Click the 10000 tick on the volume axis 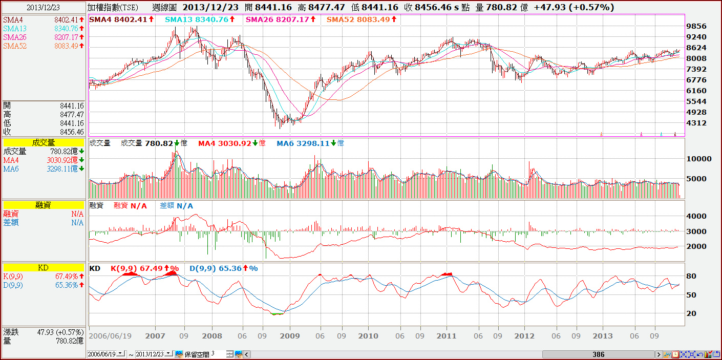(699, 159)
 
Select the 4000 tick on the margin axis (696, 216)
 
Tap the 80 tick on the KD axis (691, 277)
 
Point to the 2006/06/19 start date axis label (110, 336)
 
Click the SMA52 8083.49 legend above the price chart (361, 19)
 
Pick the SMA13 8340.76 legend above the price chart (199, 19)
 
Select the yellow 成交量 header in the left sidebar (43, 143)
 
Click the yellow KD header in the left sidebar (43, 268)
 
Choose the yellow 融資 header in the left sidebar (43, 205)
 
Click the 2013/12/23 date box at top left (43, 8)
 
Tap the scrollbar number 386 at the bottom (598, 354)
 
